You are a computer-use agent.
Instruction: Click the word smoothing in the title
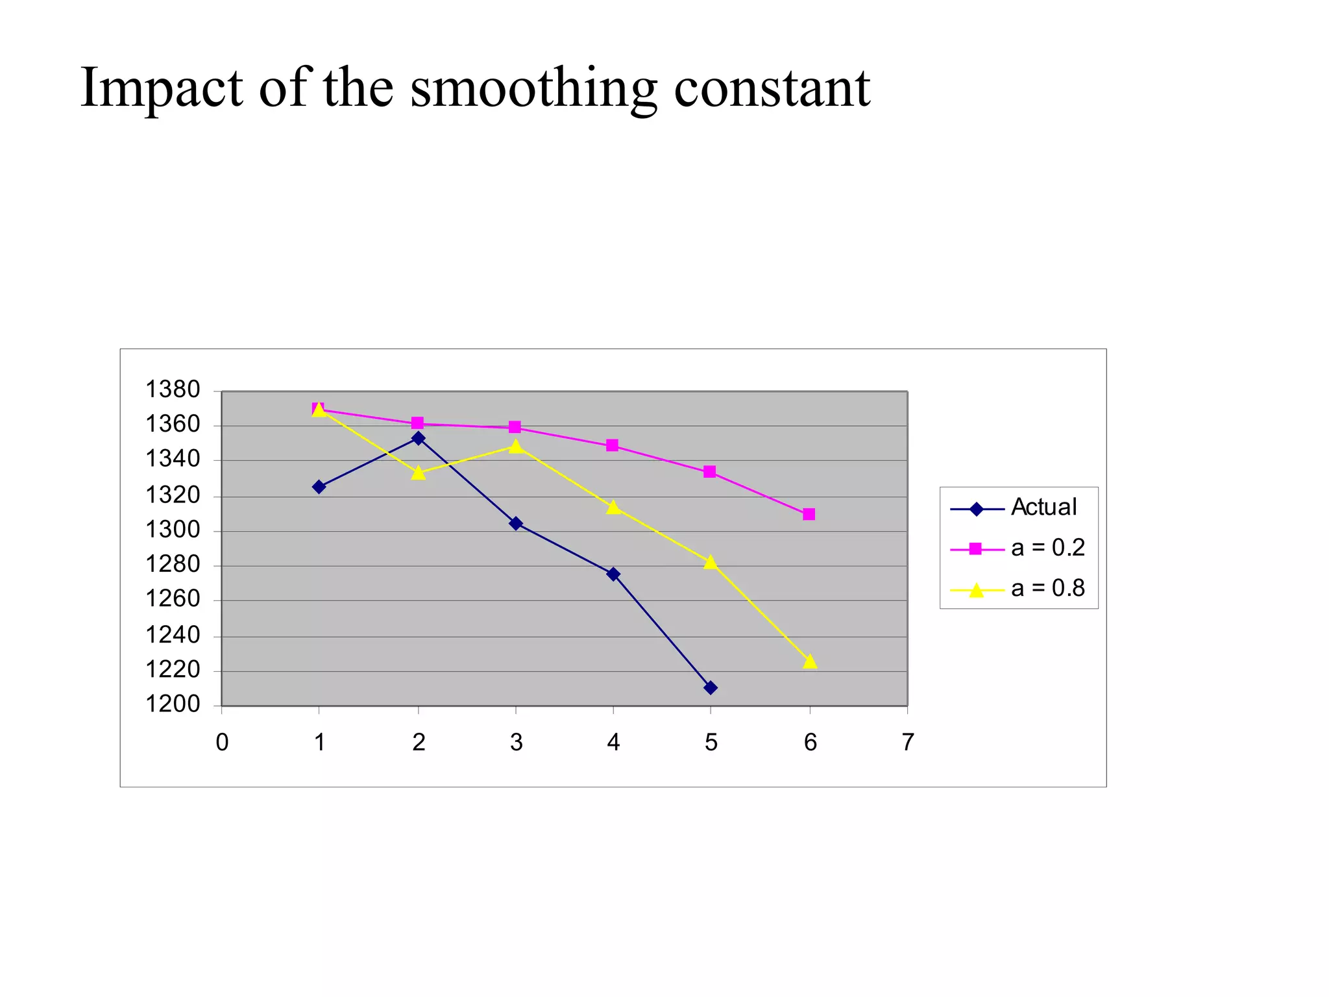(x=533, y=89)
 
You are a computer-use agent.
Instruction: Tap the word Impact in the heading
(x=162, y=89)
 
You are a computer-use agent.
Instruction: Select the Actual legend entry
(x=1043, y=507)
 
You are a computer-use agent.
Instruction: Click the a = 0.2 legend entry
(x=1047, y=548)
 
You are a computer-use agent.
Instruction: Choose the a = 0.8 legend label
(x=1047, y=588)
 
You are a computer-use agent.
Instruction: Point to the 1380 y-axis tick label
(x=173, y=389)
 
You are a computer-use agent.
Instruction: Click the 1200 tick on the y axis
(x=173, y=704)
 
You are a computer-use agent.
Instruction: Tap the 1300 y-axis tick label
(x=173, y=530)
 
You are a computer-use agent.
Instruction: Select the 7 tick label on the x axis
(x=907, y=742)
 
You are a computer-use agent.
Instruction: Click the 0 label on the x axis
(x=222, y=742)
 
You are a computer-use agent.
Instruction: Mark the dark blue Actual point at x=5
(x=711, y=687)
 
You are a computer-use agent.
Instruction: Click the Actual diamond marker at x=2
(x=419, y=438)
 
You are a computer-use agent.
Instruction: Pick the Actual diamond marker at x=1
(x=319, y=487)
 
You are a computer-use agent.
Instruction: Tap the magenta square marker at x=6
(x=809, y=514)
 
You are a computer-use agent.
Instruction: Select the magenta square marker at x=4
(x=612, y=445)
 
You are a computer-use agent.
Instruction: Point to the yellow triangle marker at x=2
(x=419, y=473)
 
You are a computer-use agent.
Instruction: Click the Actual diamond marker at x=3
(x=516, y=523)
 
